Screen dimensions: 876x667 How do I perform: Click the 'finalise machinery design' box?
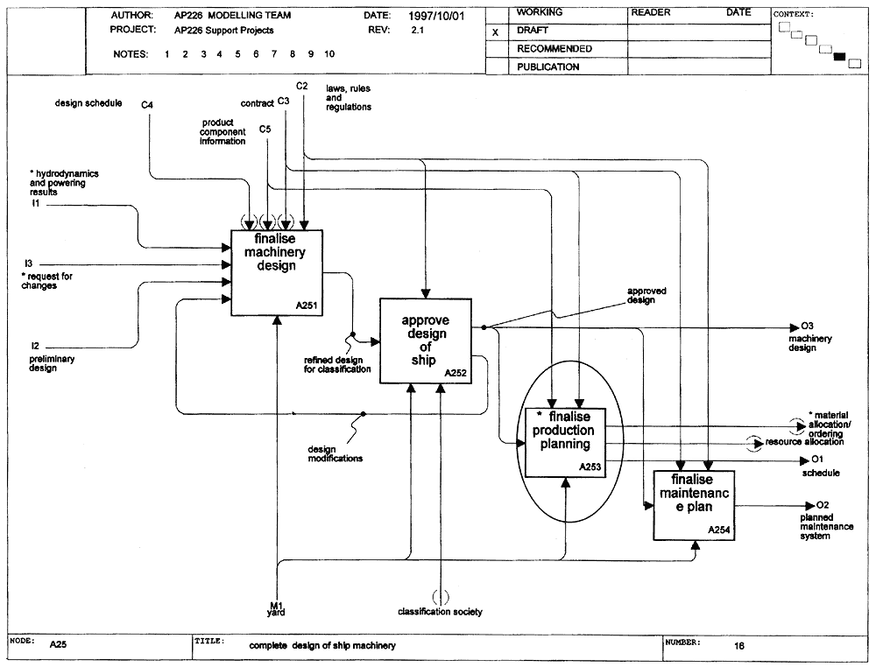click(x=277, y=272)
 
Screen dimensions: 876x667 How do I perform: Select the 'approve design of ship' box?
click(x=426, y=341)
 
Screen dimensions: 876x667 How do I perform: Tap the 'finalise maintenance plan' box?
click(x=694, y=505)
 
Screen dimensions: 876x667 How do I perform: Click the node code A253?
click(x=590, y=467)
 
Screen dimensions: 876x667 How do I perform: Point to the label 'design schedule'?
click(x=88, y=103)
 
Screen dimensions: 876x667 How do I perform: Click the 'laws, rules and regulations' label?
click(x=349, y=98)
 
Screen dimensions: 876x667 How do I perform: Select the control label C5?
click(x=265, y=130)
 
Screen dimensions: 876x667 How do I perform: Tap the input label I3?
click(x=29, y=263)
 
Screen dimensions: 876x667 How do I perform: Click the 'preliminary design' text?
click(x=52, y=363)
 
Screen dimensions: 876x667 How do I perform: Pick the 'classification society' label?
click(x=441, y=612)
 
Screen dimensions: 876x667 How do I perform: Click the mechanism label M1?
click(x=277, y=606)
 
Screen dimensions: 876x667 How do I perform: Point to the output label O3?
click(x=808, y=326)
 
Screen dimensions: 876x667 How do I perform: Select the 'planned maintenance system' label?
click(x=826, y=526)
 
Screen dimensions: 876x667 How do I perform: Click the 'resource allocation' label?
click(x=804, y=441)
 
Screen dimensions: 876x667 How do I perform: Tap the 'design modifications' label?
click(x=336, y=453)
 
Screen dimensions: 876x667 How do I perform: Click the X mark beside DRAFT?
click(x=495, y=32)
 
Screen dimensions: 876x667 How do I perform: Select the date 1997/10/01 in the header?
click(x=436, y=16)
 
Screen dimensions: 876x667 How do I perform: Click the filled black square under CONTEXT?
click(x=840, y=56)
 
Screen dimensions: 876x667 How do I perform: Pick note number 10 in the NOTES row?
click(x=329, y=54)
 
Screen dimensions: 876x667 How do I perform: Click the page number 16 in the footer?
click(x=739, y=646)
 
